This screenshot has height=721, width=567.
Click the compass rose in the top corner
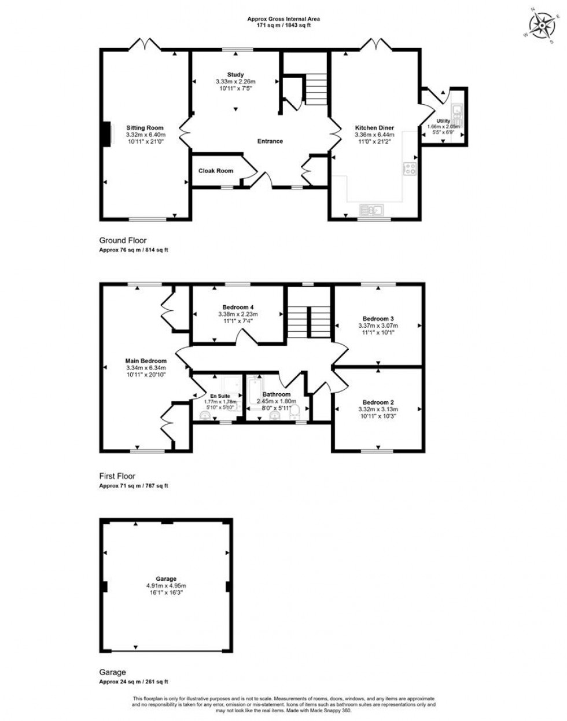542,24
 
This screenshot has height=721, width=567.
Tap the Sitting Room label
145,128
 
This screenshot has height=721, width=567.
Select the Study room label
235,75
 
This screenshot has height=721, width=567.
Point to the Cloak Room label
216,171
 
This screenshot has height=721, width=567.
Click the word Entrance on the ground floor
270,141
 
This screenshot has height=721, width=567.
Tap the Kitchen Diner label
374,128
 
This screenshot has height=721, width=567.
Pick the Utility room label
443,121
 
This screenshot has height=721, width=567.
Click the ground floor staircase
316,89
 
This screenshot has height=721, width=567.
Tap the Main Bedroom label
146,361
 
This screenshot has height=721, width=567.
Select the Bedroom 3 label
378,319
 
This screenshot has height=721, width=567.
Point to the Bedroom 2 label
378,402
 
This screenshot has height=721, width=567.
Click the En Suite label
220,396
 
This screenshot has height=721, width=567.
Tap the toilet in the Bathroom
296,411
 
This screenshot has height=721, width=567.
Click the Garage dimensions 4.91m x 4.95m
166,585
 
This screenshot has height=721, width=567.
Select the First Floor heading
117,476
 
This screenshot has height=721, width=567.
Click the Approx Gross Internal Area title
283,19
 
